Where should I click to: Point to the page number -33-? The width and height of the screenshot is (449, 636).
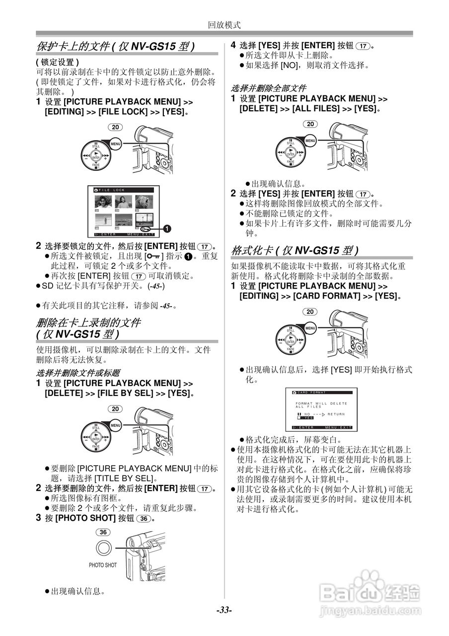point(224,610)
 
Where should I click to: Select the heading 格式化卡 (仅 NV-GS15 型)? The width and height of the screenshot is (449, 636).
point(295,249)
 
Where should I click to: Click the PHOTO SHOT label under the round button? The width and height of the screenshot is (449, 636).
point(103,565)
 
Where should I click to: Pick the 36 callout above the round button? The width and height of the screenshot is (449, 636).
point(103,532)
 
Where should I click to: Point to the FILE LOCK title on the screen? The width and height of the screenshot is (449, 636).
point(112,190)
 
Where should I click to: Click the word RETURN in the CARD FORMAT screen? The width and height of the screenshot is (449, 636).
point(336,414)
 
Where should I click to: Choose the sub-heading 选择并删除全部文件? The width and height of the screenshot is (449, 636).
point(269,88)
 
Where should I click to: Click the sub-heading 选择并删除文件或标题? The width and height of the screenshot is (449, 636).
point(78,373)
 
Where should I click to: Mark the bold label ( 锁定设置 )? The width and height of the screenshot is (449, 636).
point(57,62)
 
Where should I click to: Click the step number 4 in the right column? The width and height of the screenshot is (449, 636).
point(233,45)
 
